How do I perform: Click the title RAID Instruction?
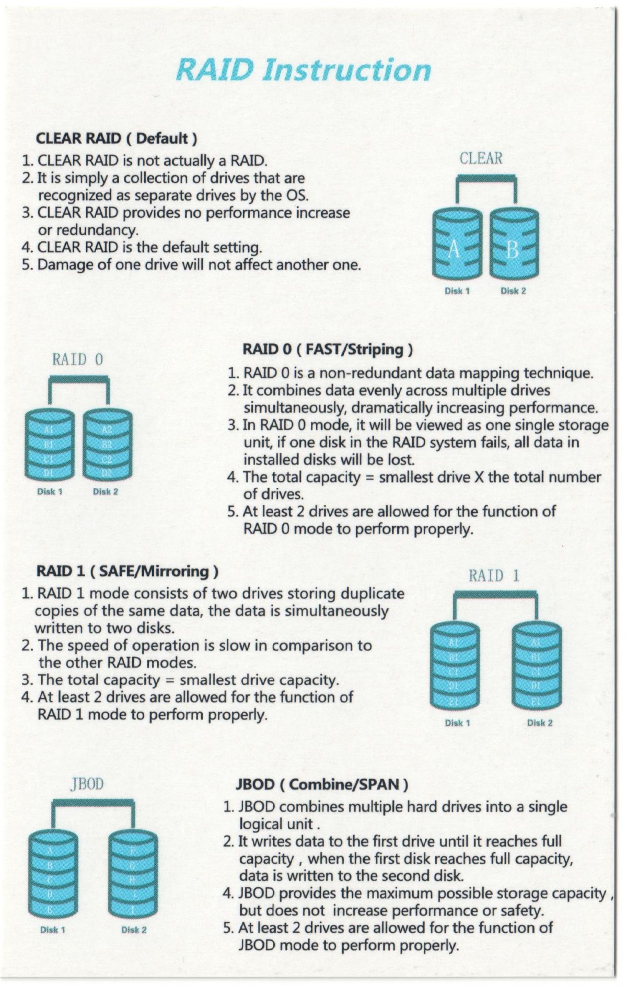coord(303,70)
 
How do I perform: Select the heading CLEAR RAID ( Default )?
coord(116,138)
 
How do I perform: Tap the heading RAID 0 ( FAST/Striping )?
coord(328,349)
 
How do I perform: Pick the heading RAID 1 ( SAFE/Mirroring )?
coord(127,571)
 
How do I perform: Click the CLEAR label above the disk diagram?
coord(481,158)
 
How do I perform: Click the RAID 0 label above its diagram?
coord(78,359)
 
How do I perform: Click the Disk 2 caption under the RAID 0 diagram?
coord(106,492)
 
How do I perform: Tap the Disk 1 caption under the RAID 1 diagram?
coord(457,723)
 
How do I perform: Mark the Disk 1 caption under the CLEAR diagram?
coord(457,291)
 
